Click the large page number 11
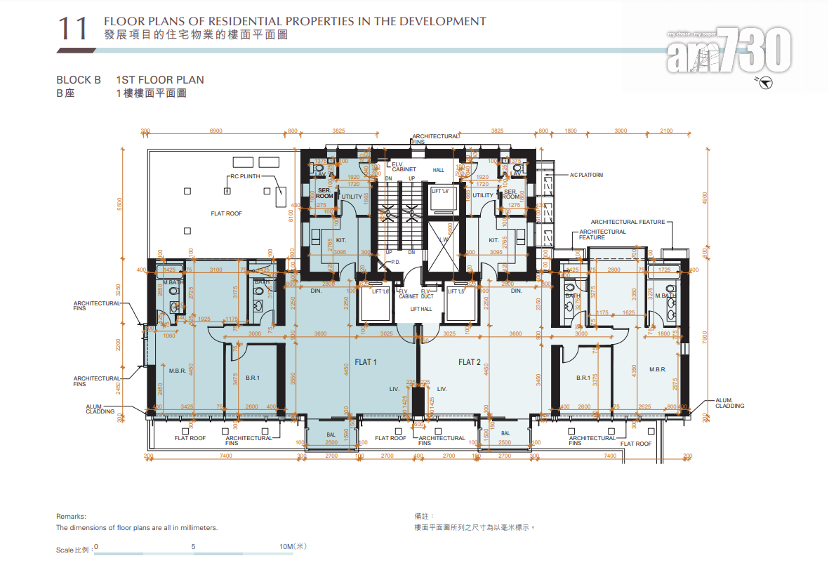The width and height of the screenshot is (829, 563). pos(73,29)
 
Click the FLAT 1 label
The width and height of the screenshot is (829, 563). pos(366,362)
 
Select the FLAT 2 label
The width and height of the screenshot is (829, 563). pos(470,362)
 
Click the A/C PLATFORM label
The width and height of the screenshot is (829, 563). pos(586,175)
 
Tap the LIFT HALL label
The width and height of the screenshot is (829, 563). pos(421,309)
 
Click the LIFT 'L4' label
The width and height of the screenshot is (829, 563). pos(440,191)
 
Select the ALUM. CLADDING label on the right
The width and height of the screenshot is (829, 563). pos(730,403)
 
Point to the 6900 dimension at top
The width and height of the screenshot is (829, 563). pos(215,131)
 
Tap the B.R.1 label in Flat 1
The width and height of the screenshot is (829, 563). pos(253,378)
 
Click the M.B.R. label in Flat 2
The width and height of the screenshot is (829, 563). pos(658,369)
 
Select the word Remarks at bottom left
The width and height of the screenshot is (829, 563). pos(72,516)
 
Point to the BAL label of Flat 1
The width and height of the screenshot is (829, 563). pos(331,435)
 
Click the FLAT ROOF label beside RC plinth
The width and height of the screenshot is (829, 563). pos(227,213)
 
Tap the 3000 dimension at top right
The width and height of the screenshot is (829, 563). pos(621,131)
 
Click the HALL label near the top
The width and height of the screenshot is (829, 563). pos(439,170)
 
